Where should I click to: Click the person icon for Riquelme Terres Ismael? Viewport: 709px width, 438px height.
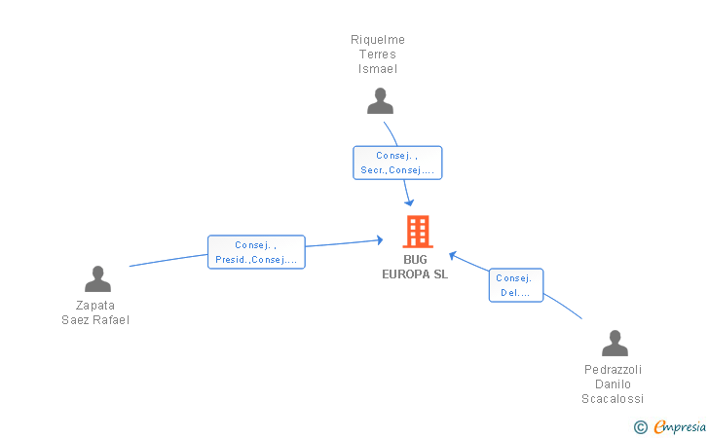[380, 101]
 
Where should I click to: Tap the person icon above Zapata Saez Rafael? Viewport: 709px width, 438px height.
[97, 278]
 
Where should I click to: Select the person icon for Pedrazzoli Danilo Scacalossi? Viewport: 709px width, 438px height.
[615, 343]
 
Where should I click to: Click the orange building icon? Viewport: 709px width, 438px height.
[418, 232]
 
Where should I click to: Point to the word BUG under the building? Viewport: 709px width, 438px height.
[415, 260]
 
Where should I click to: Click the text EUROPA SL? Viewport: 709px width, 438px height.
[415, 274]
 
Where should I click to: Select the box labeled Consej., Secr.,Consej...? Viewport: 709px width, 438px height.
[397, 163]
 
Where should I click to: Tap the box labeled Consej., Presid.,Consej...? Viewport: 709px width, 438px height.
[256, 252]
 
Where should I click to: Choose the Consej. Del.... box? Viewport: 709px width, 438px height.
[516, 285]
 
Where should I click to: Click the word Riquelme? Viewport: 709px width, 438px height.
[378, 40]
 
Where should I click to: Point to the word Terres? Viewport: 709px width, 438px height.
[378, 55]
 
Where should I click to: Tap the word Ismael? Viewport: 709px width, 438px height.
[378, 69]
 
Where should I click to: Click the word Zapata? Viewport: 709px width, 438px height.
[95, 306]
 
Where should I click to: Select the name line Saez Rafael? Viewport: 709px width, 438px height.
[95, 320]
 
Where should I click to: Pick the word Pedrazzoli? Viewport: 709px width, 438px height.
[613, 370]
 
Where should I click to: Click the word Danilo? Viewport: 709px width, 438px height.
[613, 384]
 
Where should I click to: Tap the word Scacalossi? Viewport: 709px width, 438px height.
[613, 399]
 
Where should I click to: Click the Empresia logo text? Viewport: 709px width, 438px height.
[680, 426]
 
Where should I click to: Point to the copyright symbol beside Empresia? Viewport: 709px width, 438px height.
[641, 427]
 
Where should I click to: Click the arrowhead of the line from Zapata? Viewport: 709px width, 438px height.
[380, 240]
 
